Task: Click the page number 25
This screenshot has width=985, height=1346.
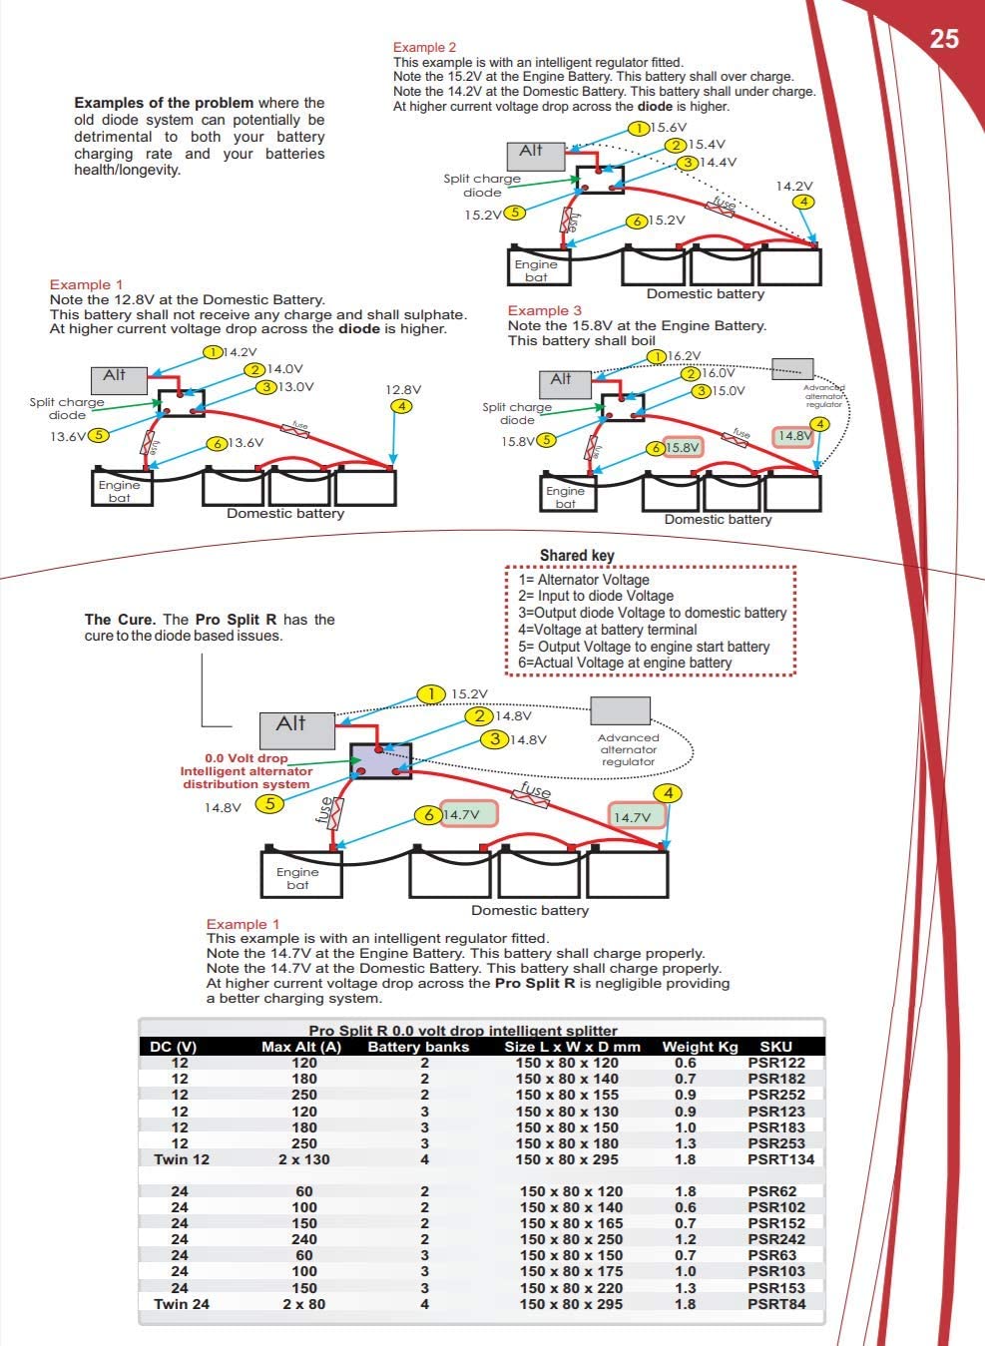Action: (x=943, y=39)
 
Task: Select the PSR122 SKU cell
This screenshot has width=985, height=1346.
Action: (x=775, y=1063)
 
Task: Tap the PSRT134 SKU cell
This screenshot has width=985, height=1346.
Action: (x=780, y=1159)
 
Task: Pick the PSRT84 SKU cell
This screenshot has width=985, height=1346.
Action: (x=776, y=1304)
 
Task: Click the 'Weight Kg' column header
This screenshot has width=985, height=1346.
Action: (x=700, y=1047)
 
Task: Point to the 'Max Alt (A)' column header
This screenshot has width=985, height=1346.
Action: (x=301, y=1047)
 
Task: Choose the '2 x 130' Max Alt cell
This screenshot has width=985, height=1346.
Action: (x=305, y=1159)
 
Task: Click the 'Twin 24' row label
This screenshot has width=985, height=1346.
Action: (x=182, y=1304)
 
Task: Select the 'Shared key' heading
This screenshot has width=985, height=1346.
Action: (x=577, y=556)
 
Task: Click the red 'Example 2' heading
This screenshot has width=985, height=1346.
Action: (x=424, y=47)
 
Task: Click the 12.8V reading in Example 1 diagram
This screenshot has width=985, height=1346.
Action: (x=403, y=390)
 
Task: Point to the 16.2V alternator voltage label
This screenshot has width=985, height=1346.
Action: (x=684, y=355)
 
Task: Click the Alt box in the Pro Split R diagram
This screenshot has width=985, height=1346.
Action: (x=296, y=729)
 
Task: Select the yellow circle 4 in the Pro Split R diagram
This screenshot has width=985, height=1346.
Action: (x=668, y=793)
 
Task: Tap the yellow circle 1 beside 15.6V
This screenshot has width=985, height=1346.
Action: (x=639, y=128)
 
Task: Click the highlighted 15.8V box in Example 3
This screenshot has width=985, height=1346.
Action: (x=683, y=447)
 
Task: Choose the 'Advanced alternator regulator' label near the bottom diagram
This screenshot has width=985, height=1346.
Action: (x=628, y=749)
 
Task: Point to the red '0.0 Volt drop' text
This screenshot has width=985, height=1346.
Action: (x=246, y=758)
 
